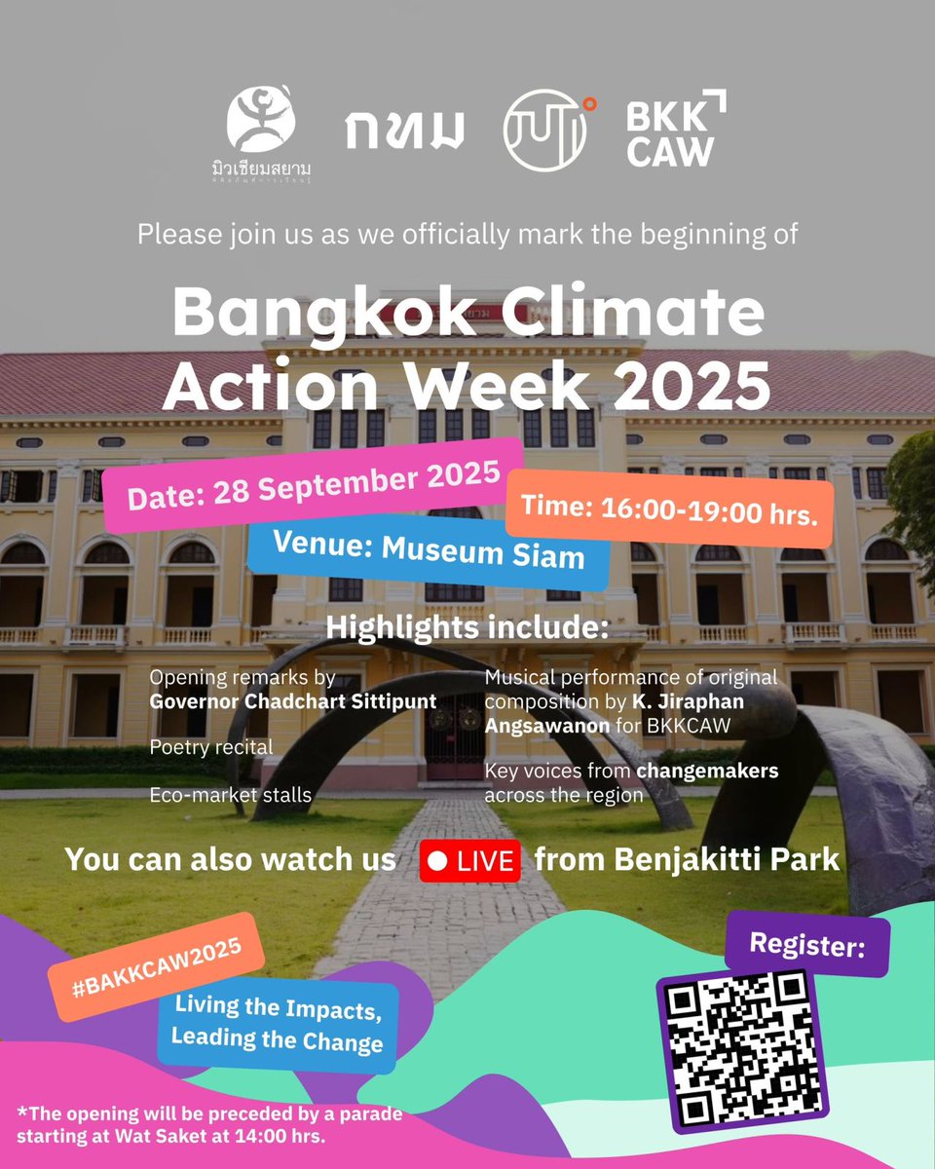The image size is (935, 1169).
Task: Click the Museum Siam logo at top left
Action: coord(261,132)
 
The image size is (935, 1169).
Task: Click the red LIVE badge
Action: coord(469,862)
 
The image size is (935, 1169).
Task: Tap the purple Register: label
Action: coord(806,944)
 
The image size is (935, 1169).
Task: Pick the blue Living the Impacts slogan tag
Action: coord(278,1025)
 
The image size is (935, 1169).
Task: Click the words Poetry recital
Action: coord(211,747)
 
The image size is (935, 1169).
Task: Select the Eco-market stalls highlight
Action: coord(231,795)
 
